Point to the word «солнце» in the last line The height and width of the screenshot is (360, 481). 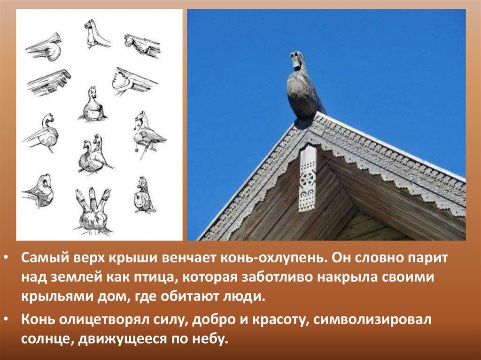[47, 339]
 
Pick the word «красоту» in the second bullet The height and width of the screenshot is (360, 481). [279, 320]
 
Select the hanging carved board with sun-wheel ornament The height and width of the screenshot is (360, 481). [307, 178]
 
